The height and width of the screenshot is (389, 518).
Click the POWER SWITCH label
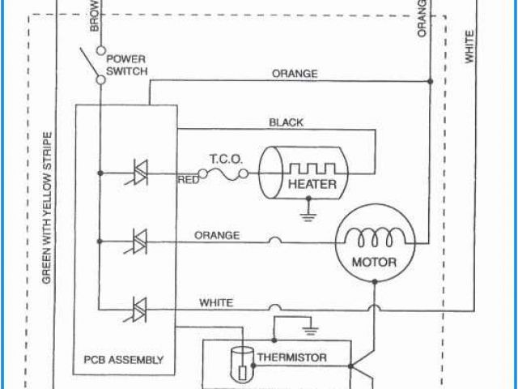point(125,65)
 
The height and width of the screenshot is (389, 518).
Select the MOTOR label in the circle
point(373,262)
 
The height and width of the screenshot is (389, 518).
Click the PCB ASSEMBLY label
point(124,359)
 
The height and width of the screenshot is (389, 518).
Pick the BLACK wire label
point(286,123)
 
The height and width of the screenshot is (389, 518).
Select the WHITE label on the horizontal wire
point(216,303)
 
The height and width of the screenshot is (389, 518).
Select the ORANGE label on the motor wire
point(216,236)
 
